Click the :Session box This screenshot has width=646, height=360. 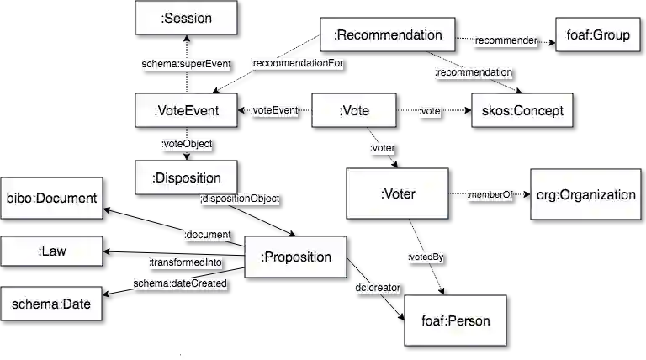186,18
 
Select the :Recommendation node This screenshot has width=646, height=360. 388,34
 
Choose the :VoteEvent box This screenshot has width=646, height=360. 186,110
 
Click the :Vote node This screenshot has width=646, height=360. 354,110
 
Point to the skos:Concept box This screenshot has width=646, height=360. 522,110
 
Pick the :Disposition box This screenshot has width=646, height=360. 186,177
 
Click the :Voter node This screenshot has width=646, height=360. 398,194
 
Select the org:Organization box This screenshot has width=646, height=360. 585,194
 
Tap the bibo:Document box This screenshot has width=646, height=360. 51,199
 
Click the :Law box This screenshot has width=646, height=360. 51,251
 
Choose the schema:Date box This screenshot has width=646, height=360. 51,304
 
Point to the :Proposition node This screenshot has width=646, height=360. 295,257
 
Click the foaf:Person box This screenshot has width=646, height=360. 455,320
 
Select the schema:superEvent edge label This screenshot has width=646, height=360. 186,64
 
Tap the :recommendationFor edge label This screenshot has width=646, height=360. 297,63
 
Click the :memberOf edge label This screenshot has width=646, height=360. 490,195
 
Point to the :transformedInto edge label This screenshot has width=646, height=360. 185,262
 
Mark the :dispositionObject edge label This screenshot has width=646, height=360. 240,199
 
